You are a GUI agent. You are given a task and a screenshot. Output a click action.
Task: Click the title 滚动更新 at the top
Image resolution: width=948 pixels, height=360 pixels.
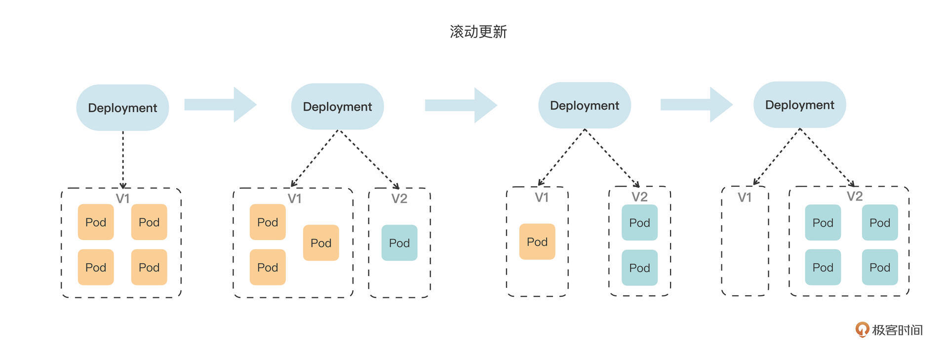click(x=478, y=32)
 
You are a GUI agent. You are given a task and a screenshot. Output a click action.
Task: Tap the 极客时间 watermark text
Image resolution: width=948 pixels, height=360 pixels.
click(x=897, y=330)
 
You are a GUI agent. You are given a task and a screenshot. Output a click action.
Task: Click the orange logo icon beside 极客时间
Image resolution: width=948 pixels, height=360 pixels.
click(x=862, y=329)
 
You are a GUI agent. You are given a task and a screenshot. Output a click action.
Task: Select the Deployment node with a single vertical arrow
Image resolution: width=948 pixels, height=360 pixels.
click(x=122, y=108)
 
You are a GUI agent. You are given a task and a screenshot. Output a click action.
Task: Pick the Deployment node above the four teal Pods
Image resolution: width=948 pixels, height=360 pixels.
click(x=799, y=105)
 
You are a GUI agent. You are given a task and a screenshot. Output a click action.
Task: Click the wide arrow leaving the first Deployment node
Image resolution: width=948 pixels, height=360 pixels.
click(x=220, y=105)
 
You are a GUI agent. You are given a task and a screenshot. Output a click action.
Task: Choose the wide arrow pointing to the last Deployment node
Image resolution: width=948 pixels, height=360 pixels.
click(x=696, y=105)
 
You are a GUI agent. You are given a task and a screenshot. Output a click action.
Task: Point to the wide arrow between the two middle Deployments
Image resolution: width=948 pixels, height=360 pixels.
click(x=461, y=105)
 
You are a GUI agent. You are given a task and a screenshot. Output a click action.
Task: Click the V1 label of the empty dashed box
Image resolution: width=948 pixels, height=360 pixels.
click(x=745, y=198)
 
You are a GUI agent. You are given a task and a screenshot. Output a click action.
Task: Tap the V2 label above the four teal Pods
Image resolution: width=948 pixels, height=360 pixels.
click(x=855, y=197)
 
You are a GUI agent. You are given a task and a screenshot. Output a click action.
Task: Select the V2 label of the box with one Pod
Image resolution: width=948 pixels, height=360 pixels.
click(x=399, y=199)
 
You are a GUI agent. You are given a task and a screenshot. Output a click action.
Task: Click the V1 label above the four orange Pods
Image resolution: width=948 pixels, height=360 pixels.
click(x=122, y=199)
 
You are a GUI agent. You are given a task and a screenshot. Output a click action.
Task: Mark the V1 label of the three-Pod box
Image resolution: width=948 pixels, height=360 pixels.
click(x=294, y=199)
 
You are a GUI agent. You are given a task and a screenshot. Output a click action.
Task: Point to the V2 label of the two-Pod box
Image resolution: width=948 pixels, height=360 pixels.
click(x=639, y=197)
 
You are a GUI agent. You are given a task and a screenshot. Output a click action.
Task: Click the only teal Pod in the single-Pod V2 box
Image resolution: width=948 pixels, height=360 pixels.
click(x=399, y=243)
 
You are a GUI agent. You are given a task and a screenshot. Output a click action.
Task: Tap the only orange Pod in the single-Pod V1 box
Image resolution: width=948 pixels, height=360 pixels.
click(x=537, y=242)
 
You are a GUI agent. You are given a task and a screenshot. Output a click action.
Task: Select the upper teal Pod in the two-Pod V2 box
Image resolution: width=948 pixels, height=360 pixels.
click(x=639, y=223)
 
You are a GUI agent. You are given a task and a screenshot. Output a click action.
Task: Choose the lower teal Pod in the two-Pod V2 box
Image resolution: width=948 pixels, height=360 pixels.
click(x=639, y=268)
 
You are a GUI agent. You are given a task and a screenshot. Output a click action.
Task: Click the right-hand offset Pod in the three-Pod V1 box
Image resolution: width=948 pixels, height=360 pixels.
click(x=321, y=243)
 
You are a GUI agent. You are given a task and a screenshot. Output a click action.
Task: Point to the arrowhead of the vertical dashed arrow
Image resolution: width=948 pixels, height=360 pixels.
click(x=123, y=186)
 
